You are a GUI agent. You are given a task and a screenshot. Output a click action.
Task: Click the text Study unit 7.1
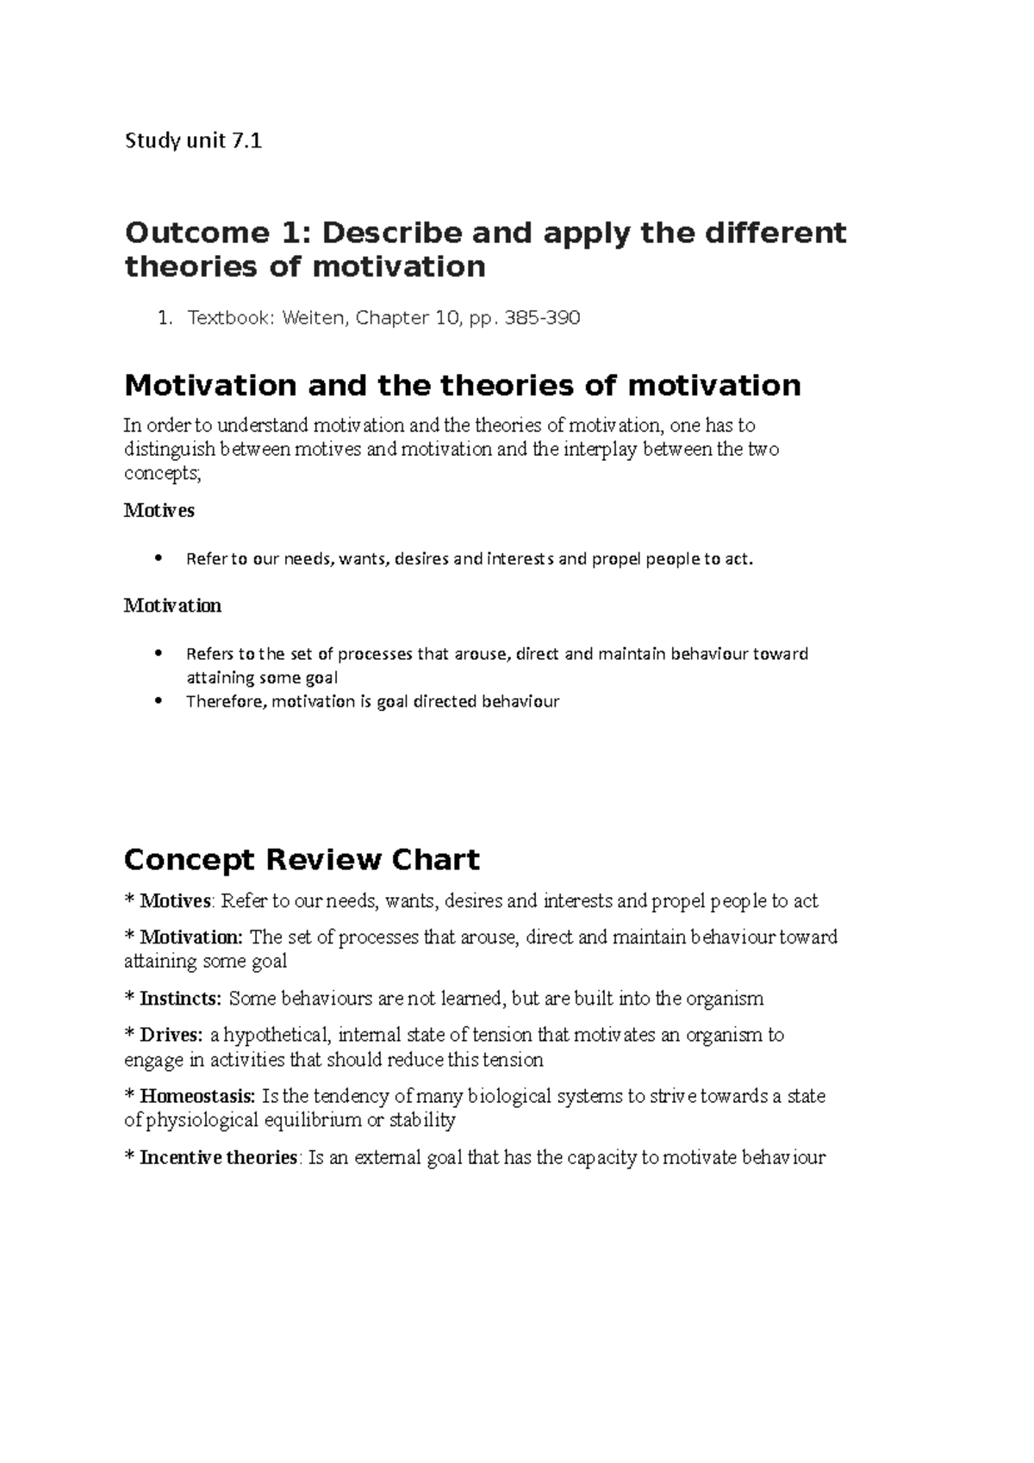[x=193, y=140]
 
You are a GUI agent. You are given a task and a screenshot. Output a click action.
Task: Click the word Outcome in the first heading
[x=196, y=233]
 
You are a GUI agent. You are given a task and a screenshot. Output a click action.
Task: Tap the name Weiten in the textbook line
[x=310, y=318]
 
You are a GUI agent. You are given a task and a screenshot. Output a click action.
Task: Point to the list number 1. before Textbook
[x=165, y=318]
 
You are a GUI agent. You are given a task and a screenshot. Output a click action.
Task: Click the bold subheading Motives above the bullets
[x=159, y=510]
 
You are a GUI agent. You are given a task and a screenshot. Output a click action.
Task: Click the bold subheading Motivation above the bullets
[x=173, y=606]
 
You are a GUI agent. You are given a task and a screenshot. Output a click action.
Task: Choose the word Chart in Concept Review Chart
[x=435, y=860]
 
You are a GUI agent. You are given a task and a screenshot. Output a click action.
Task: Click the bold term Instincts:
[x=181, y=999]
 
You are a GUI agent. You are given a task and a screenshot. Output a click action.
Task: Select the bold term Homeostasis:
[x=197, y=1096]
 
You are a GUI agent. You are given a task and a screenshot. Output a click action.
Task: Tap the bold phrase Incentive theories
[x=218, y=1157]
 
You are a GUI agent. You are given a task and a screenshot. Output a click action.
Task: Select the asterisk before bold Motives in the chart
[x=129, y=901]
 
